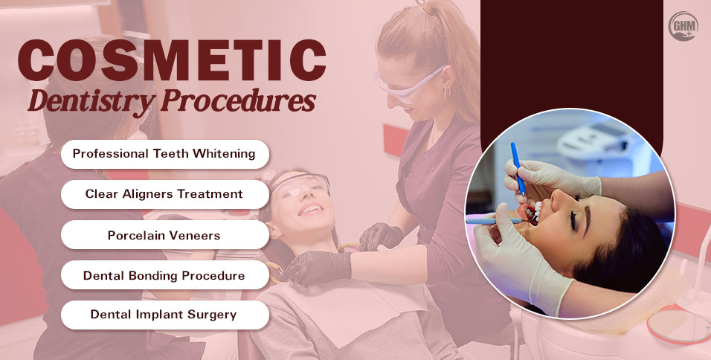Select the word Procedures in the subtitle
point(237,101)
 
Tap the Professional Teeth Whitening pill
point(164,154)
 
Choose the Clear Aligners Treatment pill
point(164,194)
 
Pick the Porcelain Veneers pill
point(164,234)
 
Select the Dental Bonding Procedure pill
point(164,275)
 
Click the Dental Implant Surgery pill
point(164,315)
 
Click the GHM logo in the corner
point(683,27)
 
